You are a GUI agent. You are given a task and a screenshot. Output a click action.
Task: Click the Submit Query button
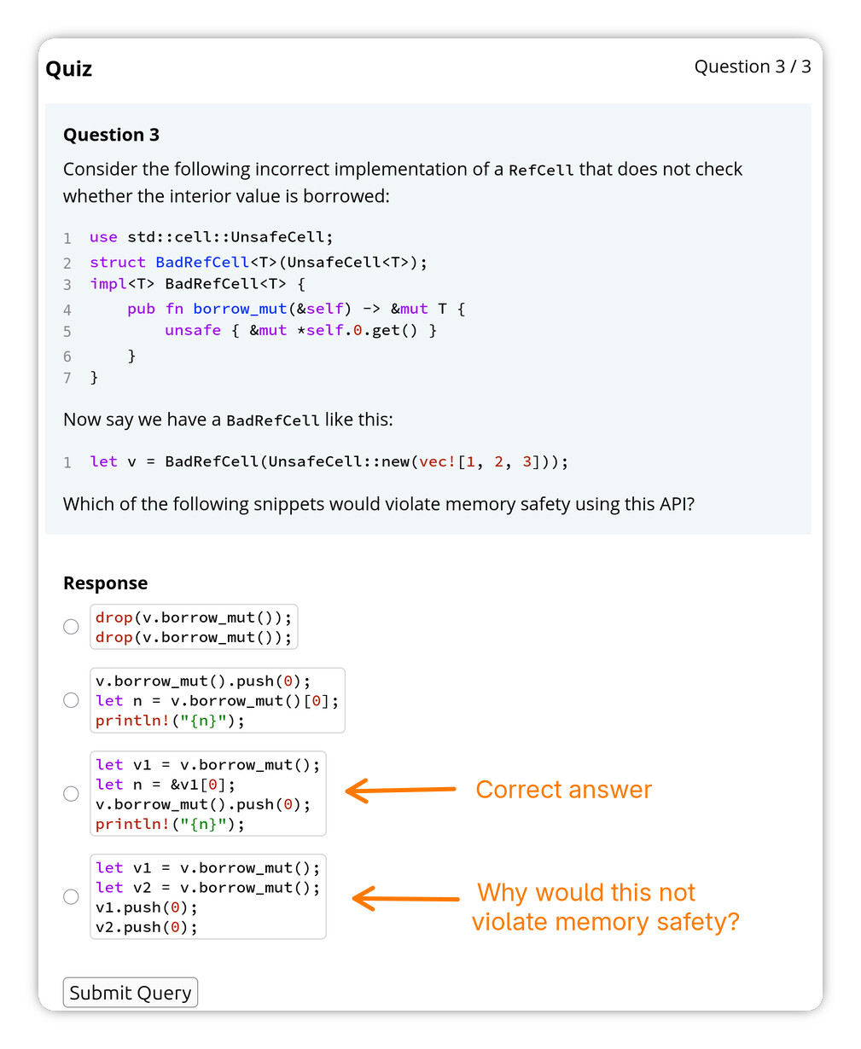(130, 992)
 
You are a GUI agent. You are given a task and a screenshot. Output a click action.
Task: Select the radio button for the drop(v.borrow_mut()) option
(71, 626)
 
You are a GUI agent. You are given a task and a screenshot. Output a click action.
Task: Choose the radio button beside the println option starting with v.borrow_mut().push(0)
(71, 700)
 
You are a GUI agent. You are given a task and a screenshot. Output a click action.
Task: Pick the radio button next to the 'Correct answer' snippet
(71, 793)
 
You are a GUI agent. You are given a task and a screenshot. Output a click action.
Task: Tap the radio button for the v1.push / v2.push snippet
(71, 897)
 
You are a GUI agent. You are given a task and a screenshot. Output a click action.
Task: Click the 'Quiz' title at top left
(68, 69)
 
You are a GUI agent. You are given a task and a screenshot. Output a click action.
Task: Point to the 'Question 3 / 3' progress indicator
(752, 67)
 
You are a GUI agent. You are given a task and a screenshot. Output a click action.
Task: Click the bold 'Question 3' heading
(111, 135)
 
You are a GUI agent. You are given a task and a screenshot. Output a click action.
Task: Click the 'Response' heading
(105, 582)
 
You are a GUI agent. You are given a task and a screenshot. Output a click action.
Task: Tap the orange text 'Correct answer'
(563, 790)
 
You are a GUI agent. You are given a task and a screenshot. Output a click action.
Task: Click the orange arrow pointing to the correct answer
(401, 790)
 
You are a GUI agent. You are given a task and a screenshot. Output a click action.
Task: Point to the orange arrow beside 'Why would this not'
(405, 898)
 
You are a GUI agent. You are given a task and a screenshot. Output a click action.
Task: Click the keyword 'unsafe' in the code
(193, 330)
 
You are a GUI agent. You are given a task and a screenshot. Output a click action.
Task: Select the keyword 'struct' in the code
(118, 262)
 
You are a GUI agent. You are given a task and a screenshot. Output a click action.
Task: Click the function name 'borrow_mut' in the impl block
(240, 309)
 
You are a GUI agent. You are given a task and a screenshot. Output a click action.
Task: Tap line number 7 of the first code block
(67, 378)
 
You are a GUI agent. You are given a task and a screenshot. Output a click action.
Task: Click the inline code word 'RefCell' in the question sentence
(541, 170)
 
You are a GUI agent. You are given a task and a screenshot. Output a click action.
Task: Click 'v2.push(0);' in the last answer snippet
(146, 927)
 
